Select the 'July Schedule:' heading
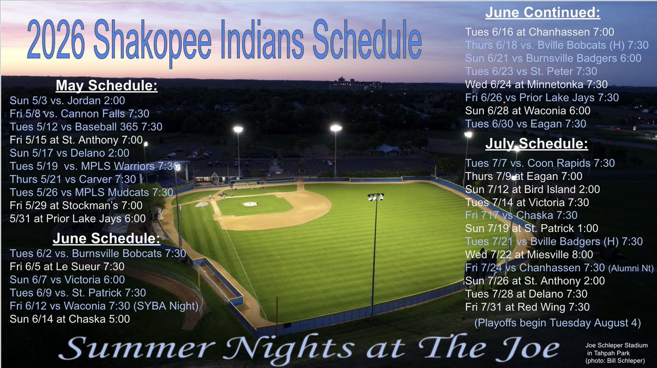coord(536,145)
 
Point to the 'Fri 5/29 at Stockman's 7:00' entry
coord(76,206)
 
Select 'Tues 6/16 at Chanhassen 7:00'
coord(523,32)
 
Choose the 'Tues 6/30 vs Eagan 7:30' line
coord(518,124)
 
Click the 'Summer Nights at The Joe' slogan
coord(312,348)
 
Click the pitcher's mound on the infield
coord(250,204)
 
